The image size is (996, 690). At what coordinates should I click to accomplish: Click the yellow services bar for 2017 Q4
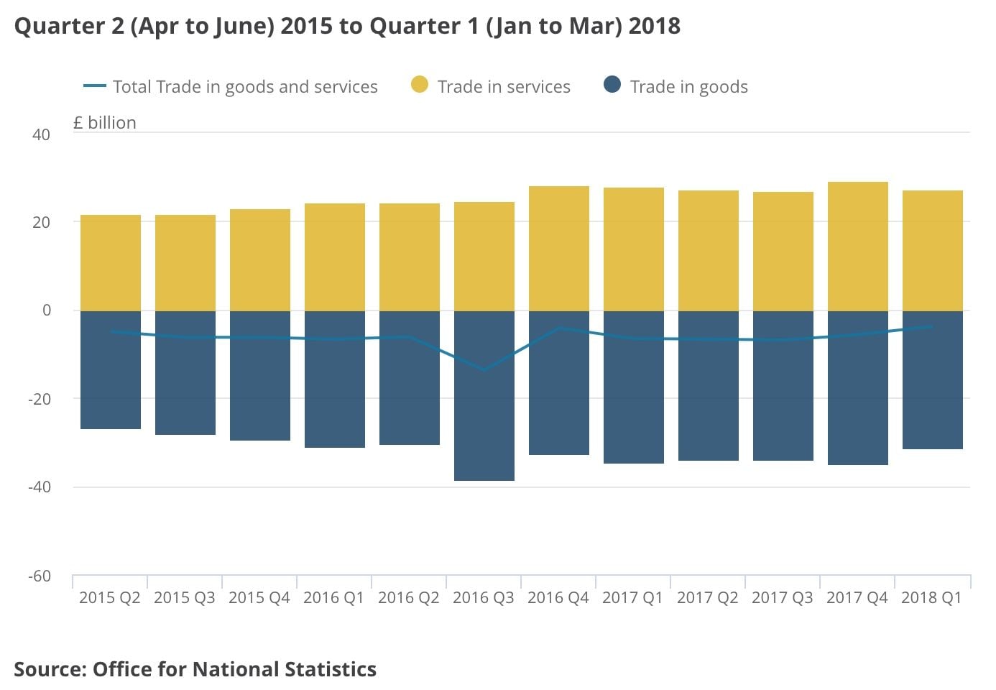pos(857,246)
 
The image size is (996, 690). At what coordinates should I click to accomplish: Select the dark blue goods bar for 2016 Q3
pos(484,424)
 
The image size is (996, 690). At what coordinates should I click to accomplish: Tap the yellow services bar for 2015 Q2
pos(110,262)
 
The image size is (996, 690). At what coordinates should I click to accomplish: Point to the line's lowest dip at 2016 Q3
pos(484,370)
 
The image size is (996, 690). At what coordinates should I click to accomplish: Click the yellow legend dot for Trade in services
pos(420,86)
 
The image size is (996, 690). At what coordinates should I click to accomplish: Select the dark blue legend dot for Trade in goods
pos(612,86)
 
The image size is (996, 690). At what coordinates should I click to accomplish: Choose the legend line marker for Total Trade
pos(95,86)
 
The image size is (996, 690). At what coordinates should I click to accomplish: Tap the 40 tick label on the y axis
pos(41,134)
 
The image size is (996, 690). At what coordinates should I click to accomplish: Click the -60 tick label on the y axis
pos(40,576)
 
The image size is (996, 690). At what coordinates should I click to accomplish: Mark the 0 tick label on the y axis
pos(47,310)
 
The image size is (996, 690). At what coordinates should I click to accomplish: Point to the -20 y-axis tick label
pos(40,399)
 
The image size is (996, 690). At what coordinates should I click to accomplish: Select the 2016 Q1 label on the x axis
pos(333,597)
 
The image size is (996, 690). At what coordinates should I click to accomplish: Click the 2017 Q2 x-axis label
pos(707,597)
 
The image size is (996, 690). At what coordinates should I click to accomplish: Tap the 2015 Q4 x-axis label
pos(259,597)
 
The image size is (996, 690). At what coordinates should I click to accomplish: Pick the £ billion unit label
pos(105,123)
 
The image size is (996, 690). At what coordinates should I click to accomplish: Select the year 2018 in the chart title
pos(654,26)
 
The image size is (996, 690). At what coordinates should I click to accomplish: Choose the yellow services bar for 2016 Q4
pos(558,248)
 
